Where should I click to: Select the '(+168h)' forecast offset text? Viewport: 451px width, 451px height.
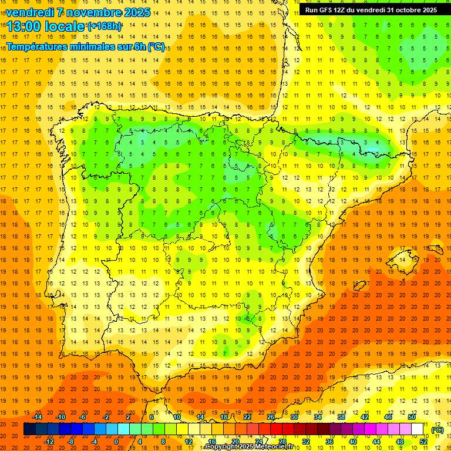[x=105, y=26]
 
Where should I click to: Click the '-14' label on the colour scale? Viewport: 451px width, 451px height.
[x=37, y=417]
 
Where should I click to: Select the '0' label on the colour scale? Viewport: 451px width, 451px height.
[x=116, y=441]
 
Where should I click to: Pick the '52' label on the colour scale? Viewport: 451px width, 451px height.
[x=423, y=441]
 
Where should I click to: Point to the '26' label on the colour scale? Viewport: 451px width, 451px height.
[x=271, y=417]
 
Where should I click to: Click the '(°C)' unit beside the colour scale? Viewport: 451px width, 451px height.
[x=437, y=429]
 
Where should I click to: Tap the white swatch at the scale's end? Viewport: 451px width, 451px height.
[x=417, y=429]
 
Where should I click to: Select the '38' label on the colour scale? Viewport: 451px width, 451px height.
[x=341, y=417]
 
